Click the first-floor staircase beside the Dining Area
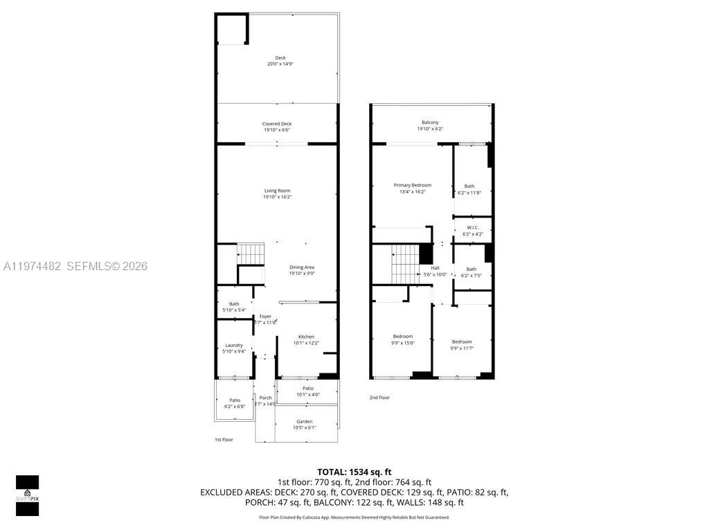[252, 254]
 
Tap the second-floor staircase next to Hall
[405, 264]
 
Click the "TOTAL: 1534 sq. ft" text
[354, 472]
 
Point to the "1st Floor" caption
[224, 439]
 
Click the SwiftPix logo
[27, 495]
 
